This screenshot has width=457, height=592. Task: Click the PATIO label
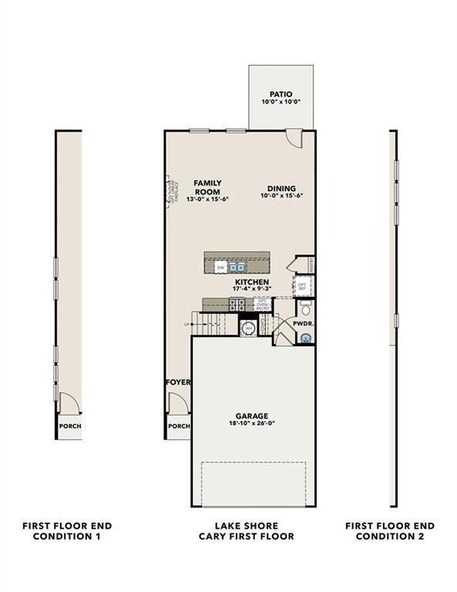[x=280, y=94]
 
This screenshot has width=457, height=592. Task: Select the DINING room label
[x=282, y=188]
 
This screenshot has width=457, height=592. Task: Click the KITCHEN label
[x=252, y=282]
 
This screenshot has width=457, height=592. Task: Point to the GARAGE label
[x=253, y=415]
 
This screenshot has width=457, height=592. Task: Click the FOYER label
[x=178, y=382]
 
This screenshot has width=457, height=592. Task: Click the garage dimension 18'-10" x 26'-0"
[x=253, y=425]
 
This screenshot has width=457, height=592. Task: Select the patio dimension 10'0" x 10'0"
[x=280, y=103]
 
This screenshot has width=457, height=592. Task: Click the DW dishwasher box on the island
[x=220, y=267]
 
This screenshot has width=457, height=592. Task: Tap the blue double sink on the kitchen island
[x=237, y=267]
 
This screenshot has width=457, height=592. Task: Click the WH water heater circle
[x=249, y=329]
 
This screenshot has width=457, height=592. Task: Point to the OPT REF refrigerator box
[x=302, y=286]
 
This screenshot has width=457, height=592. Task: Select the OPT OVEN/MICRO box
[x=264, y=304]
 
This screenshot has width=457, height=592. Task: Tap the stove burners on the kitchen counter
[x=240, y=305]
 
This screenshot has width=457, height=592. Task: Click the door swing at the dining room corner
[x=294, y=137]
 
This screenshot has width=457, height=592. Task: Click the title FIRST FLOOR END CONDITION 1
[x=68, y=531]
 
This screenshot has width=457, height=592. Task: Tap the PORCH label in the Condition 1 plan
[x=70, y=426]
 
